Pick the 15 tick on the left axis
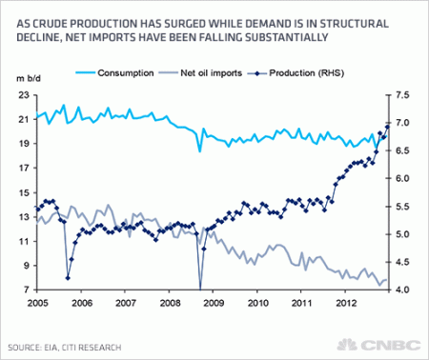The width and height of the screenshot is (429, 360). point(24,193)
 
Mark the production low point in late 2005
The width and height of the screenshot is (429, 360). point(67,278)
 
